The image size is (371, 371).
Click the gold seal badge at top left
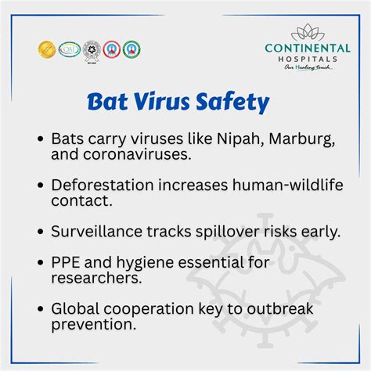click(x=46, y=49)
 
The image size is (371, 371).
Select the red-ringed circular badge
click(x=112, y=49)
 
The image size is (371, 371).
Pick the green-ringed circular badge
click(x=132, y=49)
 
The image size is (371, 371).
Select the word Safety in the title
click(x=232, y=103)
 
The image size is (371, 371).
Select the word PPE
click(x=66, y=262)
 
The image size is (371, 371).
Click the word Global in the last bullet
click(x=74, y=308)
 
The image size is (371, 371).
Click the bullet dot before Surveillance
click(x=40, y=232)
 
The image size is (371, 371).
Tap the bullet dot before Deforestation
click(x=40, y=185)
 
